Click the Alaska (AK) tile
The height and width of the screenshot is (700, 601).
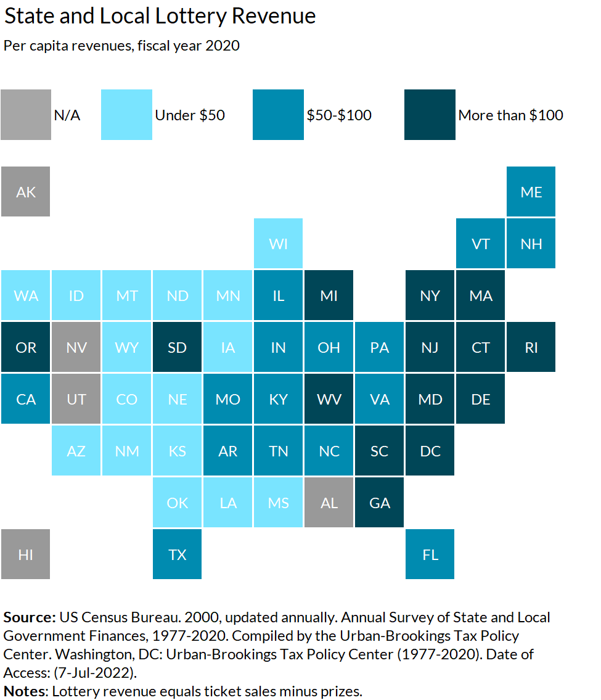(26, 192)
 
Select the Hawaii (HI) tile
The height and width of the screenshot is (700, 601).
(26, 554)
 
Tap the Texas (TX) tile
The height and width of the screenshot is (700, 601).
(178, 554)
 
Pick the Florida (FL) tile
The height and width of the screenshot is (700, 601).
(430, 554)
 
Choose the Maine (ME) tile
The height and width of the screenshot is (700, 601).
(531, 192)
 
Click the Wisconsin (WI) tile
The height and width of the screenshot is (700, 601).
(279, 244)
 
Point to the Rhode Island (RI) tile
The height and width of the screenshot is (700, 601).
(531, 347)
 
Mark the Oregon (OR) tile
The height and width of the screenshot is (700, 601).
(26, 347)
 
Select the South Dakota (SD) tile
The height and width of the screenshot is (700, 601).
(178, 347)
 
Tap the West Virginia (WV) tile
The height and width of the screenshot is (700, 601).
(329, 399)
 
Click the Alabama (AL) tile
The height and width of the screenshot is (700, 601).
(329, 503)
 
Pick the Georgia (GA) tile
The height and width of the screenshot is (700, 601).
(380, 503)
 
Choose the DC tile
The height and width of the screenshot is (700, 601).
(430, 451)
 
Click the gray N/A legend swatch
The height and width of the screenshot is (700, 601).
(26, 115)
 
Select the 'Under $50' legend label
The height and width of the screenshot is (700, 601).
(190, 115)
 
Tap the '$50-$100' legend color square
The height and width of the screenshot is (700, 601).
(279, 115)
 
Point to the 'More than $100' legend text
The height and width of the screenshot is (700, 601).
(510, 115)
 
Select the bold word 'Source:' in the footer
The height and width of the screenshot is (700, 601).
(30, 617)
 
